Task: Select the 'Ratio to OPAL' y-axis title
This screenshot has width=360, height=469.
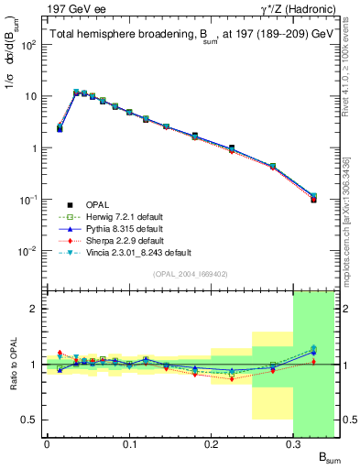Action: tap(12, 364)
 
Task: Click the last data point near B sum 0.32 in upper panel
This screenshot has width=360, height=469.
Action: tap(313, 198)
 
